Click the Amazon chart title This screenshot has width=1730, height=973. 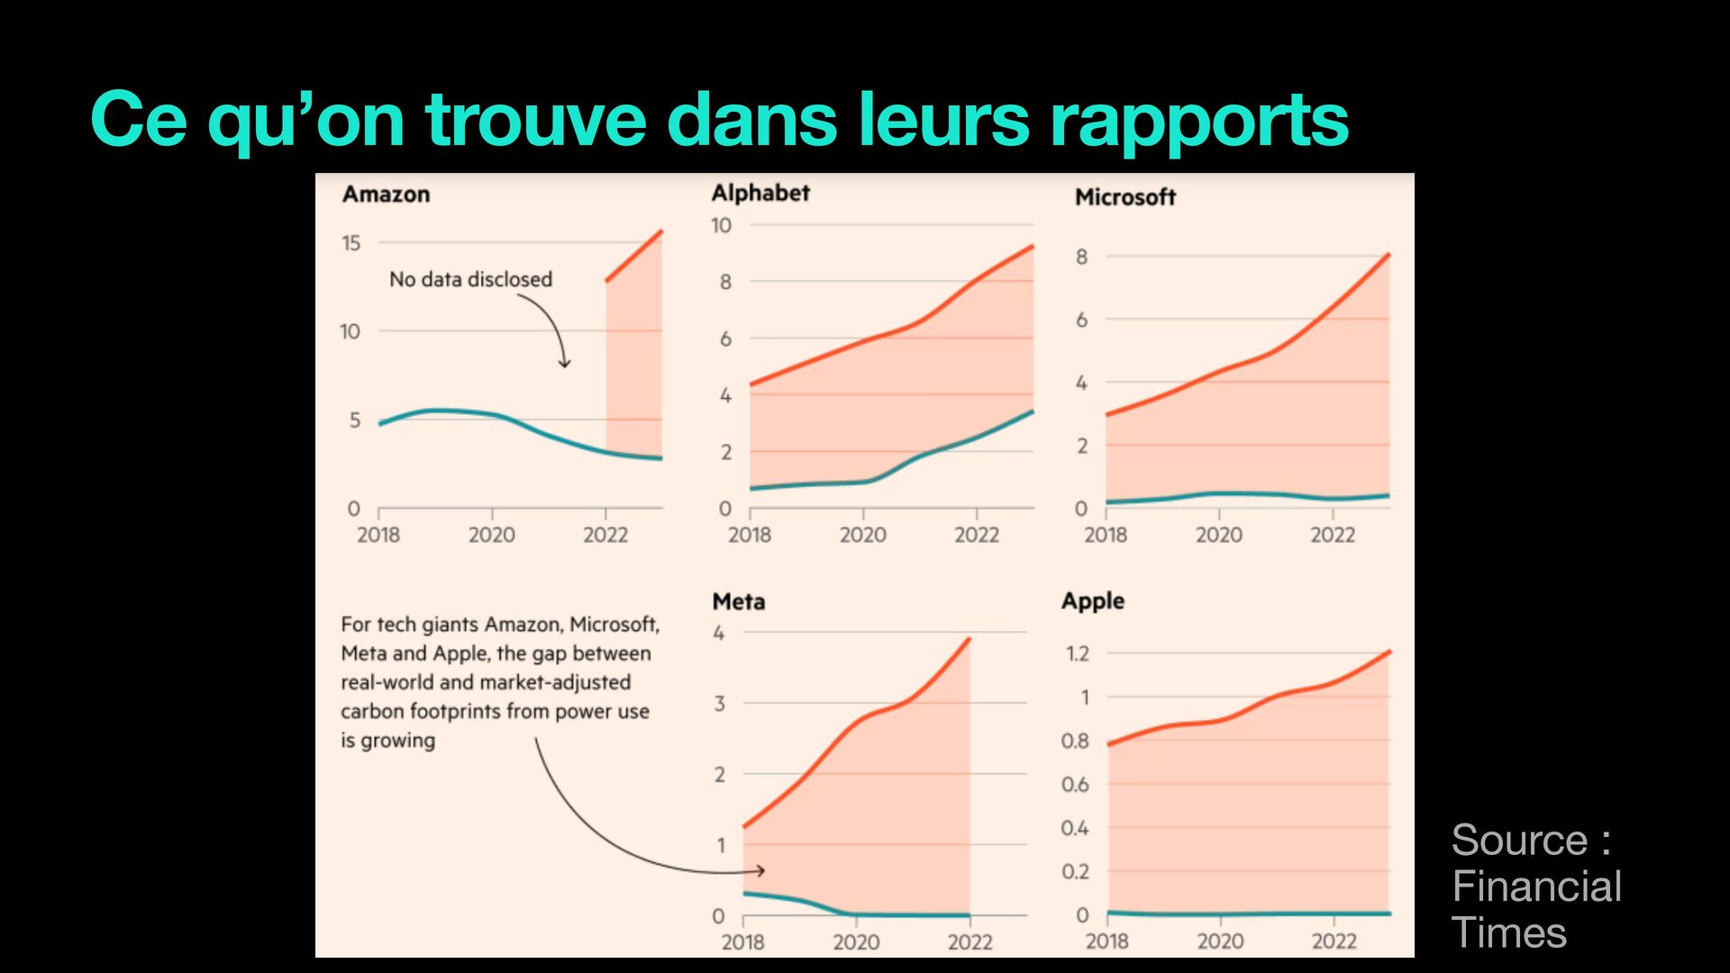[386, 195]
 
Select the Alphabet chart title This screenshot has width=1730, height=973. [760, 193]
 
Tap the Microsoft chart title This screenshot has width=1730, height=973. [1124, 197]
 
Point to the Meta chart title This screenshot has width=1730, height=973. [738, 602]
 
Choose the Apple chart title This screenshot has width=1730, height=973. [1092, 601]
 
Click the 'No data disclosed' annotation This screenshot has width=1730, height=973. [470, 279]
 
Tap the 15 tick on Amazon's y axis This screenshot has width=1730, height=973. [351, 243]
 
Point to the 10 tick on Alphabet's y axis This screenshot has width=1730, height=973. [721, 225]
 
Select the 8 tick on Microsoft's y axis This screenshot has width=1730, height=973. [1081, 257]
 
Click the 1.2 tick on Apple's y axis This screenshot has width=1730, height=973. [1078, 653]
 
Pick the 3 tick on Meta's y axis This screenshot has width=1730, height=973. [719, 704]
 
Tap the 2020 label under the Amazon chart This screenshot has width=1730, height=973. [491, 535]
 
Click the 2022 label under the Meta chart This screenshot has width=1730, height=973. [970, 942]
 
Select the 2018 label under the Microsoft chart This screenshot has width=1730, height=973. [1106, 535]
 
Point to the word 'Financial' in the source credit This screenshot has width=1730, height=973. [1536, 887]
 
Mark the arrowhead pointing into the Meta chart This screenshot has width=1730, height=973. [760, 870]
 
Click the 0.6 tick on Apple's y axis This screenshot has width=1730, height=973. [1075, 785]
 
